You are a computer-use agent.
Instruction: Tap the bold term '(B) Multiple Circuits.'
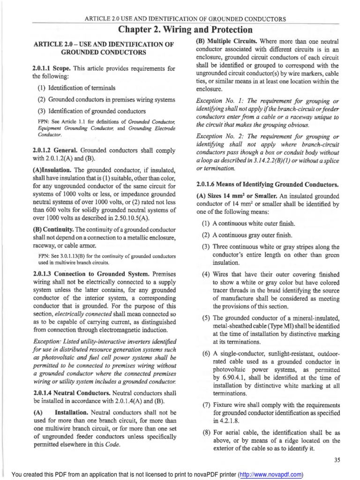pos(227,41)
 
